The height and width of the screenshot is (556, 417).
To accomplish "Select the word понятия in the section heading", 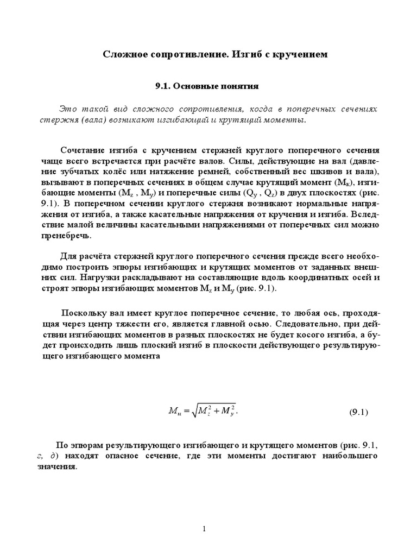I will [x=236, y=86].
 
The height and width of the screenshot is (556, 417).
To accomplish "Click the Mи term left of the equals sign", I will [x=175, y=412].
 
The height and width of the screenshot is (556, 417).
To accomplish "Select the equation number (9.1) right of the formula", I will [x=358, y=412].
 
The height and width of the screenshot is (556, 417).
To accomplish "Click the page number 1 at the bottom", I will [x=204, y=529].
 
